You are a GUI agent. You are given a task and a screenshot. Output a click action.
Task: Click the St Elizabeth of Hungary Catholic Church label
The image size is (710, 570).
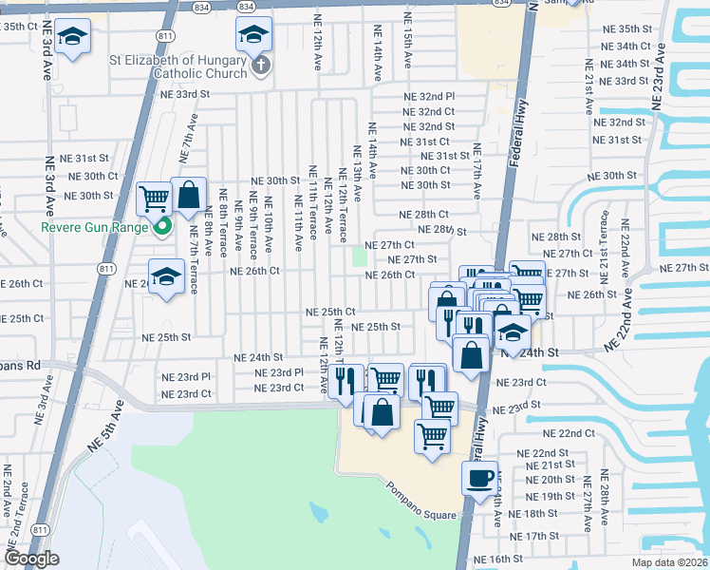pyautogui.click(x=177, y=66)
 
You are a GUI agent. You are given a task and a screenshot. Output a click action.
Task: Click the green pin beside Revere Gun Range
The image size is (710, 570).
pyautogui.click(x=162, y=227)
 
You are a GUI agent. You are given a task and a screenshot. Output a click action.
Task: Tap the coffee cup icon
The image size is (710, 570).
pyautogui.click(x=479, y=477)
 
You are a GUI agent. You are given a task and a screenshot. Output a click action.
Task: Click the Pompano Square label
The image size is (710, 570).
pyautogui.click(x=421, y=501)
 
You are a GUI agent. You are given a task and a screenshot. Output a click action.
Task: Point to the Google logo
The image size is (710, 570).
pyautogui.click(x=30, y=559)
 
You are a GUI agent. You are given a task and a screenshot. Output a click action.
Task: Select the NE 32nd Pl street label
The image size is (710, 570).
pyautogui.click(x=430, y=97)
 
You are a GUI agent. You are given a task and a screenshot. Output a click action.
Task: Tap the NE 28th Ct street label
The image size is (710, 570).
pyautogui.click(x=423, y=216)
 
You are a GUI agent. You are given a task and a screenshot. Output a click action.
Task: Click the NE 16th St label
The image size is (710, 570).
pyautogui.click(x=497, y=560)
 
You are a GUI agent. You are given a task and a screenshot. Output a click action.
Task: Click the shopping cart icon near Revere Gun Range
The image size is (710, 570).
pyautogui.click(x=153, y=199)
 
